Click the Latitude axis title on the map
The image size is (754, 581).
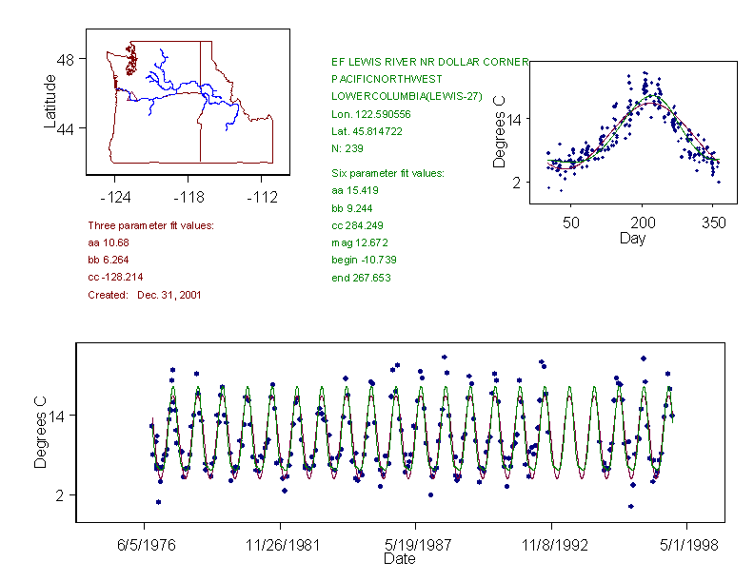tap(50, 101)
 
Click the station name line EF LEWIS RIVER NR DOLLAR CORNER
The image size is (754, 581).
tap(429, 62)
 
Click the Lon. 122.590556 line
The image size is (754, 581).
tap(370, 113)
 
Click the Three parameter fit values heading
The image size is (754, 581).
tap(150, 225)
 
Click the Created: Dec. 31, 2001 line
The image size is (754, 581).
tap(144, 295)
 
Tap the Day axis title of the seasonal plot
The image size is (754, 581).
tap(631, 239)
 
